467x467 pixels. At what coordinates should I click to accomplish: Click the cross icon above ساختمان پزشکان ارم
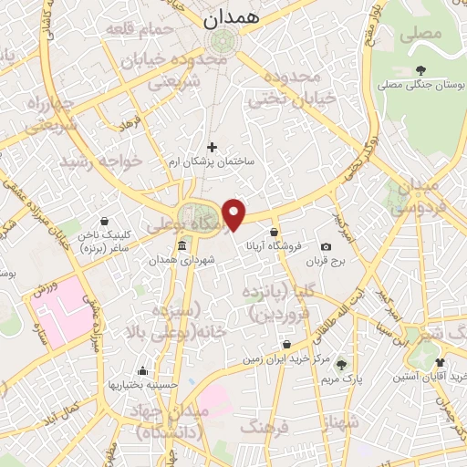pyautogui.click(x=212, y=146)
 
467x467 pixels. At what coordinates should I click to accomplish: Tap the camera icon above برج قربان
pyautogui.click(x=326, y=247)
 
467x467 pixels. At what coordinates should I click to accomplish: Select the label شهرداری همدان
pyautogui.click(x=182, y=261)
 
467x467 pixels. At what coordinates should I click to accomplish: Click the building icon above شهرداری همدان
pyautogui.click(x=182, y=246)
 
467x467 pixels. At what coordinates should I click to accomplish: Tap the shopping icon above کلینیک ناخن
pyautogui.click(x=104, y=221)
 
